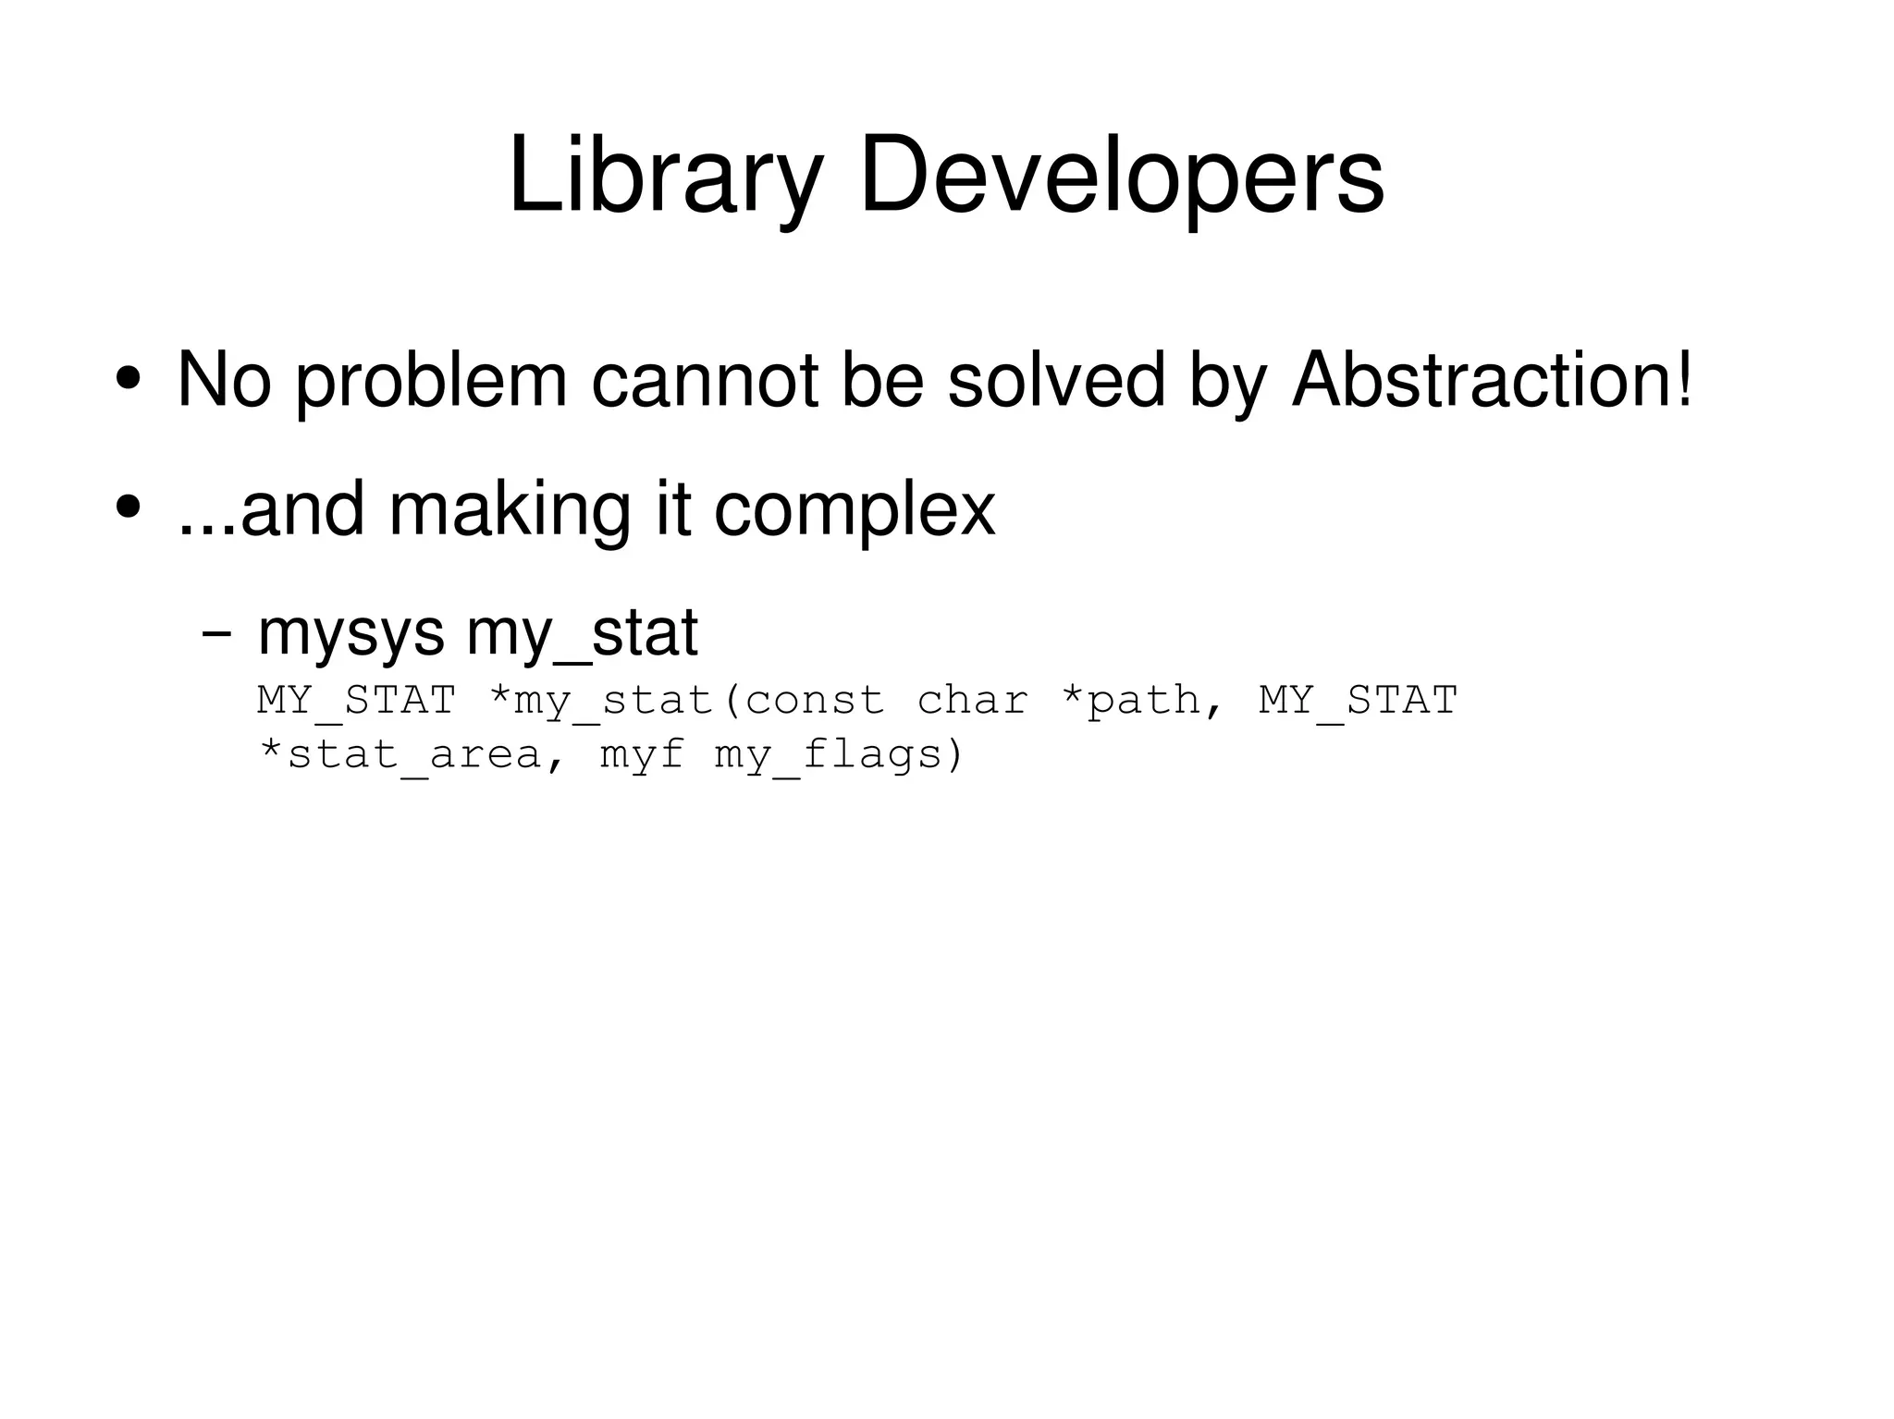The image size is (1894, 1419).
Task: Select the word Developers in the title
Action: click(1122, 176)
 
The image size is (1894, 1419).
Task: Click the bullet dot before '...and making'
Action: click(128, 508)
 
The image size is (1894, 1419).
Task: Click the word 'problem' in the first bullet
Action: click(431, 381)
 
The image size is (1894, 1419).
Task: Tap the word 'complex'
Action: click(855, 510)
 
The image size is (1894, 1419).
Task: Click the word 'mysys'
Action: click(351, 636)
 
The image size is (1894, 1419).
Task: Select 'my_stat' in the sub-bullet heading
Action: click(582, 636)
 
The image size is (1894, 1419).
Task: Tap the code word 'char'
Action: click(972, 700)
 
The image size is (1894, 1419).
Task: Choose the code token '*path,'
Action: click(1143, 701)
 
